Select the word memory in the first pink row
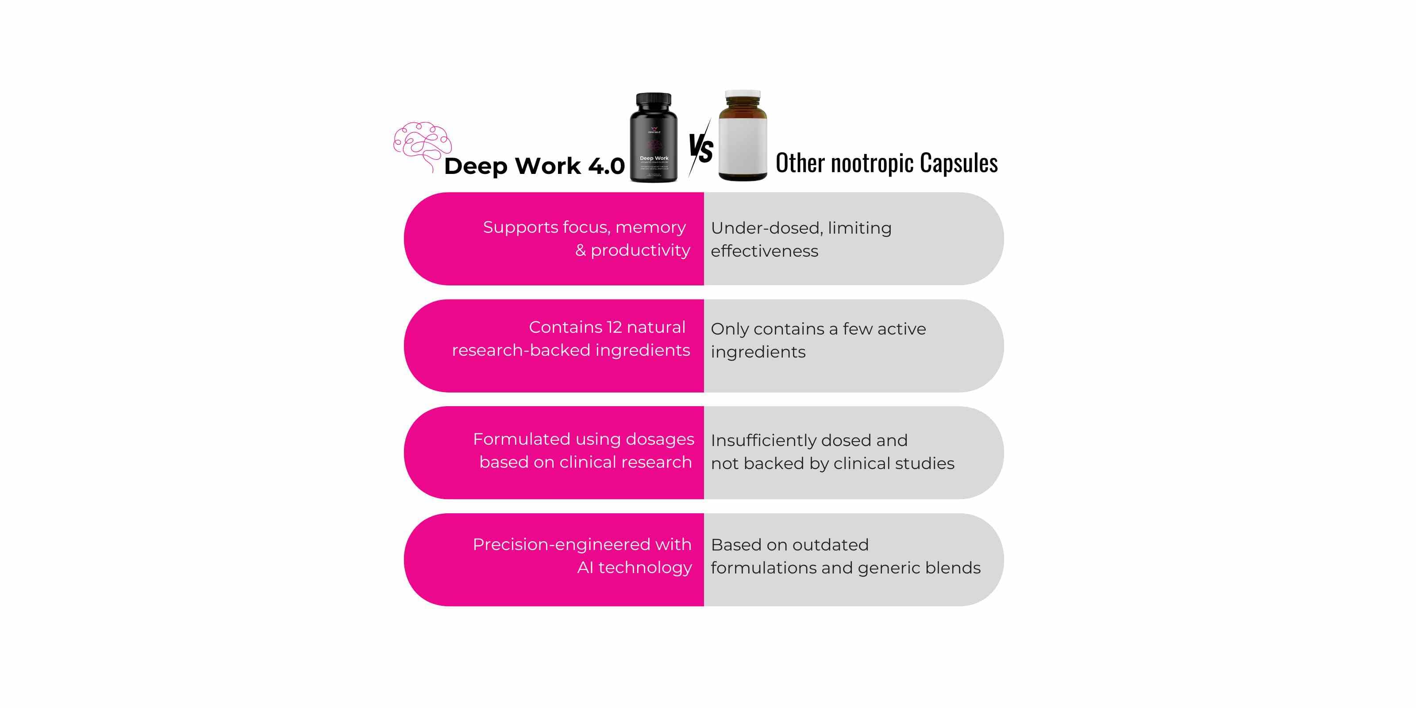(650, 227)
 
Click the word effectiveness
(764, 251)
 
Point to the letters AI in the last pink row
(585, 568)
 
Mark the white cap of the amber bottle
(742, 95)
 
